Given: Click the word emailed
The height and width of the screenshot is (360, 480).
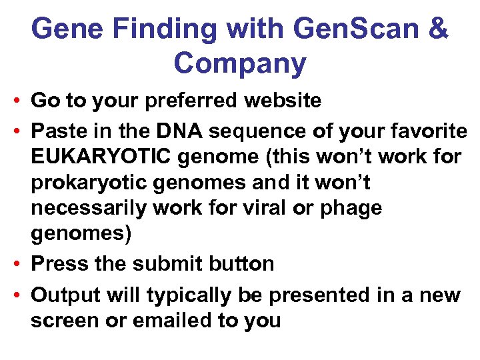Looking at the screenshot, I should tap(169, 321).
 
